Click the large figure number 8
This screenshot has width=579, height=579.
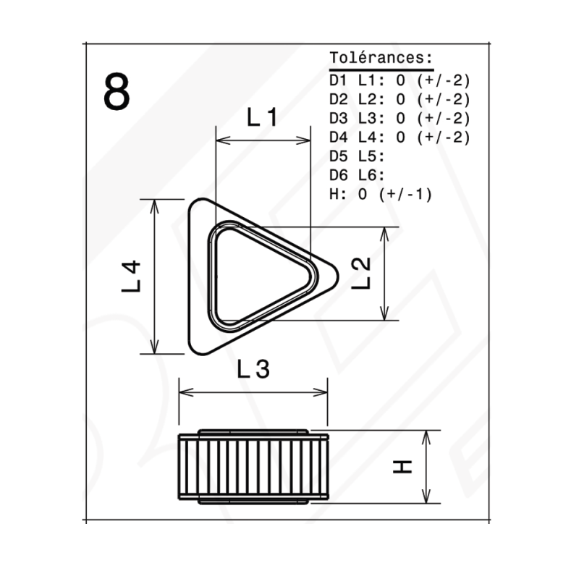pyautogui.click(x=117, y=91)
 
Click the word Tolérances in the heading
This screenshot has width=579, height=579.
pyautogui.click(x=376, y=58)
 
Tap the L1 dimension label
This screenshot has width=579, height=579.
pyautogui.click(x=262, y=117)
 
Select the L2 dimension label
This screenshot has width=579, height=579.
pyautogui.click(x=361, y=274)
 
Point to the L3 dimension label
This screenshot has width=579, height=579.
pyautogui.click(x=253, y=369)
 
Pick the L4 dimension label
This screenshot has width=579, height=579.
pyautogui.click(x=131, y=276)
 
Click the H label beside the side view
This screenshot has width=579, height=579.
pyautogui.click(x=402, y=467)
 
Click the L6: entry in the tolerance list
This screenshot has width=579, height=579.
pyautogui.click(x=371, y=175)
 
